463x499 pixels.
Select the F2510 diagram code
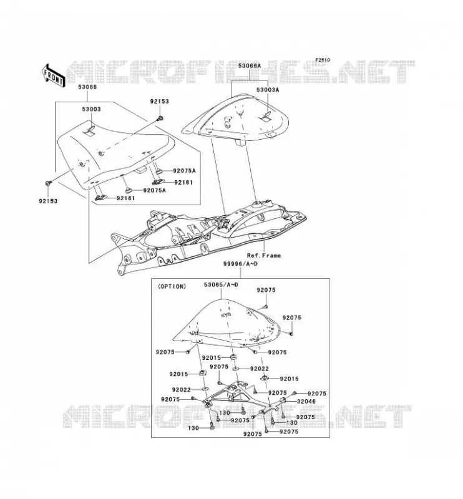(x=323, y=60)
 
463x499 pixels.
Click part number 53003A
(x=268, y=90)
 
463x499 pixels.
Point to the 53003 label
(x=91, y=109)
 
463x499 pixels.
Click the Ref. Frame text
(x=264, y=255)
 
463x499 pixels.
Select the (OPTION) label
(x=172, y=286)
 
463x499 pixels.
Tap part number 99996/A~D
(x=240, y=263)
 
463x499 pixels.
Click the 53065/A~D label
(x=221, y=284)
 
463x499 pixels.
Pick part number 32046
(x=306, y=401)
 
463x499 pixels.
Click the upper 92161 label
(x=183, y=182)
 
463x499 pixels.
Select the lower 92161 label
(x=126, y=198)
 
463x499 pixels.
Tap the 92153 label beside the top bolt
(x=160, y=102)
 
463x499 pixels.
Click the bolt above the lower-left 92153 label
(x=49, y=183)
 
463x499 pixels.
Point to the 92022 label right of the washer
(x=260, y=369)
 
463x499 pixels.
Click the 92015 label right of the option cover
(x=289, y=379)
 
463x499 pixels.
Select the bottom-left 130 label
(x=193, y=428)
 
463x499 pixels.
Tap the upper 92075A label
(x=184, y=170)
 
